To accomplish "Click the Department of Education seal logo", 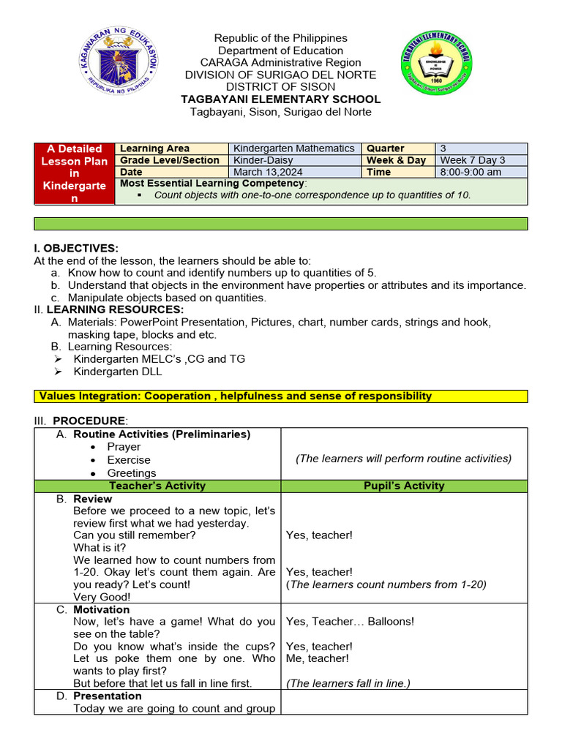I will [x=119, y=64].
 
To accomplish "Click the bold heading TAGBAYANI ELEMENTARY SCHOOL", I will [x=281, y=99].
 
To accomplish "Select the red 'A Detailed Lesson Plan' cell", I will [x=74, y=173].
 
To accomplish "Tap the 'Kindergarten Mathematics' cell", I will [x=294, y=148].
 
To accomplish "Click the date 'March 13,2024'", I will [x=266, y=172].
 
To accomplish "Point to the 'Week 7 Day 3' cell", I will [x=472, y=160].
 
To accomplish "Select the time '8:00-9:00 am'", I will [x=471, y=172].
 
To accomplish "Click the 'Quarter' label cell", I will [x=386, y=148].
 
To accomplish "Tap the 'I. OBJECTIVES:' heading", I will [x=76, y=249].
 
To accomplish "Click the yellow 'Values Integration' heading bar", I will [x=280, y=396].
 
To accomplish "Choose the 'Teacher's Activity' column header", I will [x=157, y=486].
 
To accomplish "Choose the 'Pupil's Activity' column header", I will [x=403, y=486].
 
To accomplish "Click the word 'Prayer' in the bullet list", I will [x=124, y=447].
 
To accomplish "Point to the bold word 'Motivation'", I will [x=102, y=609].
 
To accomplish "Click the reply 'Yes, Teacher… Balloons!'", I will [x=350, y=622].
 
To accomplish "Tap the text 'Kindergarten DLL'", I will [x=118, y=372].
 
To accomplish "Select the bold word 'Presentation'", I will [x=108, y=696].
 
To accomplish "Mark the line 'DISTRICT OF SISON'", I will [x=281, y=87].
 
